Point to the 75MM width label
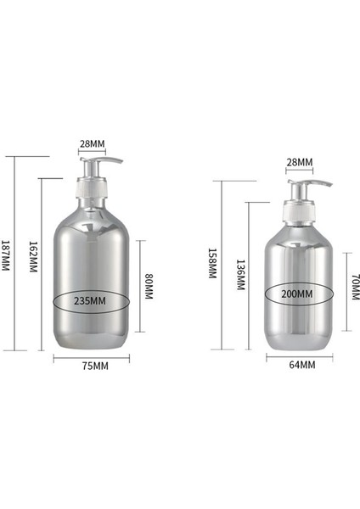point(93,366)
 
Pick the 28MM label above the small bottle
point(299,162)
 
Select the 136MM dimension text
point(240,274)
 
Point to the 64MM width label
point(301,365)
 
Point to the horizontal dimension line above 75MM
point(92,357)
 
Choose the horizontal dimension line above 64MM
point(300,356)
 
